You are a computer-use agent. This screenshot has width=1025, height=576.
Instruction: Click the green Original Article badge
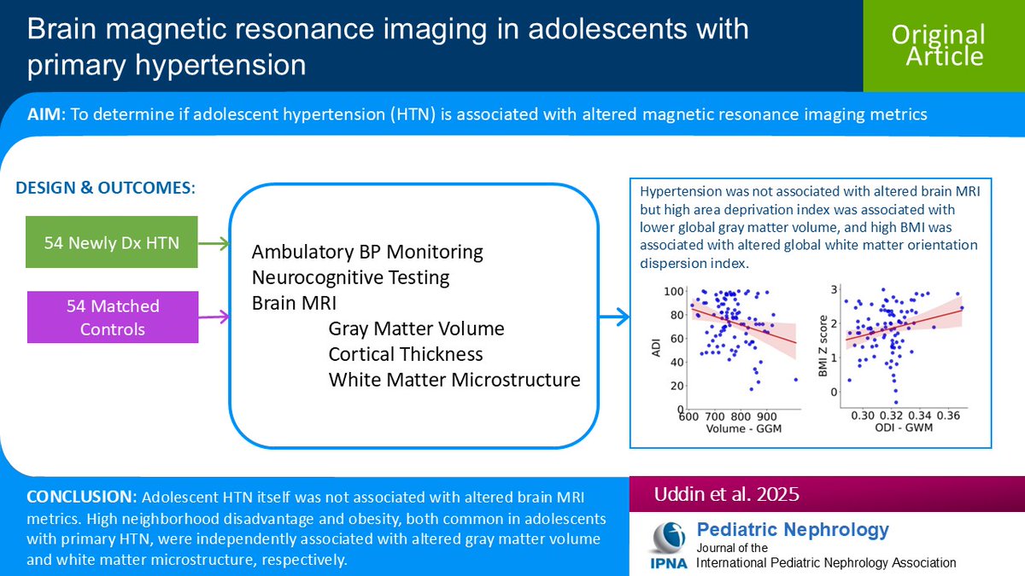pos(938,45)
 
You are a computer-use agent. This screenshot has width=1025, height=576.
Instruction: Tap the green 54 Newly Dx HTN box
pos(113,243)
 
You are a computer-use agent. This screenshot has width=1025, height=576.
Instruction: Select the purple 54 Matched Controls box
pos(113,316)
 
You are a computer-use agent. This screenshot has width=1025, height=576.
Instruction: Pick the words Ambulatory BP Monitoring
pos(367,253)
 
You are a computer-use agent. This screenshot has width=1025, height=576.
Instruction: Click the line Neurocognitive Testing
pos(350,277)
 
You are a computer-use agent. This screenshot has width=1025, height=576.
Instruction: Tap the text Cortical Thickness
pos(406,353)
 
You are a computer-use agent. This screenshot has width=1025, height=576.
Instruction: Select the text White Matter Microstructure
pos(454,379)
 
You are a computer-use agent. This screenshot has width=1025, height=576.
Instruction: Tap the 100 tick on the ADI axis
pos(674,292)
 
